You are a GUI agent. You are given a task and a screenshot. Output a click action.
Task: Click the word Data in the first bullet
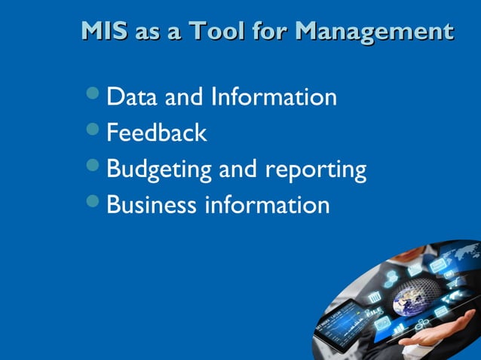(132, 97)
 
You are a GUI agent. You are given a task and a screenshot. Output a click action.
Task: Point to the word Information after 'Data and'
(274, 97)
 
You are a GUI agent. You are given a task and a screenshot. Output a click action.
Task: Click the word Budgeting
(159, 169)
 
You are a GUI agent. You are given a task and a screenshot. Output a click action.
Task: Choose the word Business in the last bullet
(150, 205)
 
